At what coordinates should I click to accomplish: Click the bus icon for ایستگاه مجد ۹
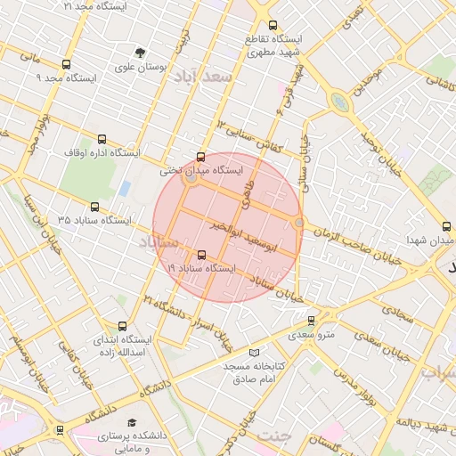[x=66, y=64]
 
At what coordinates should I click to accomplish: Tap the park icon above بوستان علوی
[x=140, y=52]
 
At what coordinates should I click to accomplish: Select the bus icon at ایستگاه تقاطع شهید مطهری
[x=272, y=26]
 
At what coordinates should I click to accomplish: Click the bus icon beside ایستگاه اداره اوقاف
[x=102, y=139]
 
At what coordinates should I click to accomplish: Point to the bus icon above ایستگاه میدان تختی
[x=199, y=156]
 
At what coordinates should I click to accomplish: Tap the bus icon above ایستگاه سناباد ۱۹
[x=199, y=254]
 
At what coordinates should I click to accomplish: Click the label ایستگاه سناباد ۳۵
[x=94, y=219]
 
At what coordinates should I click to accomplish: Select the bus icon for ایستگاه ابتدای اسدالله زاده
[x=122, y=326]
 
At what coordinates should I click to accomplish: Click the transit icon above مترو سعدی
[x=311, y=321]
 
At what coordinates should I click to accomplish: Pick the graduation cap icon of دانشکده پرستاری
[x=132, y=422]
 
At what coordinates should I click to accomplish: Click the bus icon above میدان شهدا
[x=445, y=227]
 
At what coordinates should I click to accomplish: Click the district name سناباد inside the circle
[x=159, y=242]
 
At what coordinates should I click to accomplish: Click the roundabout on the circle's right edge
[x=299, y=223]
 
